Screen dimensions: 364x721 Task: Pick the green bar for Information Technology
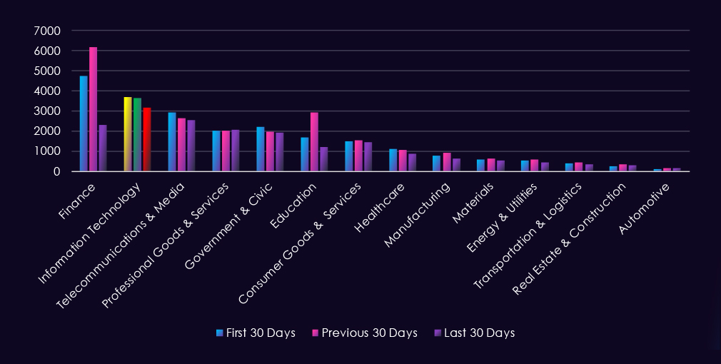click(x=137, y=135)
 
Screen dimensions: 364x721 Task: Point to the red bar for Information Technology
click(x=147, y=140)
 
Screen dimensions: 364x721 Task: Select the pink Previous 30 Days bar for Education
click(x=314, y=142)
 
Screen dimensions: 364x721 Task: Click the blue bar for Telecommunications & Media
click(x=172, y=142)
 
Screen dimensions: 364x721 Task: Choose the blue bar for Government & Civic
click(x=261, y=149)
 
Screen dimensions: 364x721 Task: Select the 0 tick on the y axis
click(x=55, y=171)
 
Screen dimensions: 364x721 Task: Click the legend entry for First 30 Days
click(x=256, y=333)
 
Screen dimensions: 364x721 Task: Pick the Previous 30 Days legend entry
click(x=364, y=333)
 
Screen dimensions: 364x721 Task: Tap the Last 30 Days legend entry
click(x=474, y=333)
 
